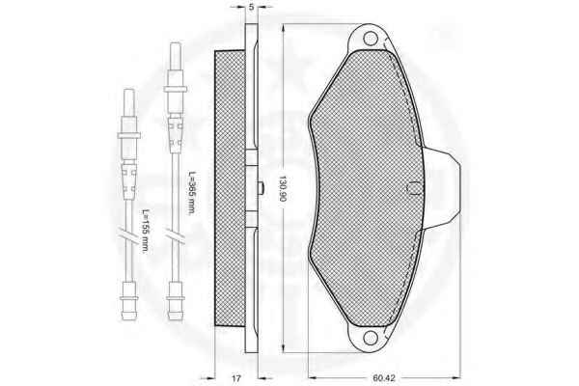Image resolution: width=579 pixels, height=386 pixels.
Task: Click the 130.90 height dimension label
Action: click(283, 188)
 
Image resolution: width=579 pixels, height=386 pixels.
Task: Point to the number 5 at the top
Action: click(252, 7)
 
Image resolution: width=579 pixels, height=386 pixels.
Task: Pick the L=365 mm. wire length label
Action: click(191, 193)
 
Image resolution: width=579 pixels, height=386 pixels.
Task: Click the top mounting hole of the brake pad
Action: click(370, 38)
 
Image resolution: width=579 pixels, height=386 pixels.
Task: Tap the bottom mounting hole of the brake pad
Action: click(370, 337)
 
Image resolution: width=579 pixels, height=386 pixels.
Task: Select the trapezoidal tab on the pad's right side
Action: click(442, 188)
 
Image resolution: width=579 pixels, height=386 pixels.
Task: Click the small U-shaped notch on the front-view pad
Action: click(413, 188)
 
